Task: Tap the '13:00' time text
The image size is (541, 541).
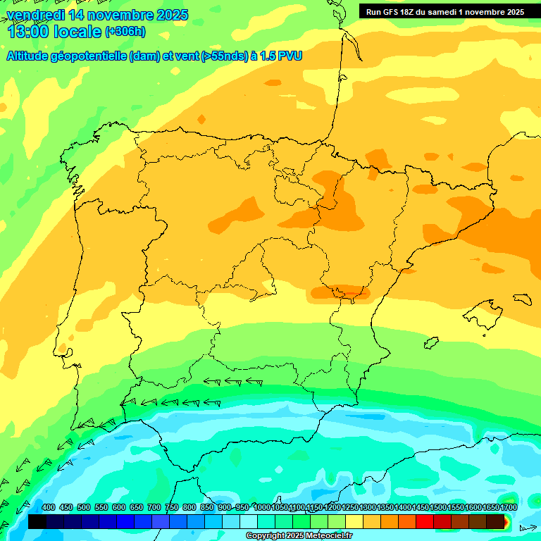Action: pos(29,32)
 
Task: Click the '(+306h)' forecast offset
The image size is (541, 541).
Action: pos(125,32)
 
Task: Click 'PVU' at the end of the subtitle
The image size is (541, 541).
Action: pos(290,56)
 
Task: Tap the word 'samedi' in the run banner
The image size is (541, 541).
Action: pos(456,12)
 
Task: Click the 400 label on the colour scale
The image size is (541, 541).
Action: pos(49,508)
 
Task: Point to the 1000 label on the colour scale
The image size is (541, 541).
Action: pos(261,508)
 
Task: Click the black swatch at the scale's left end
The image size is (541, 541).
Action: pos(37,522)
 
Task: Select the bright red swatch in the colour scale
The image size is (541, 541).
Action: pos(425,522)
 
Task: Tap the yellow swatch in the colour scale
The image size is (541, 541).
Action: pos(354,522)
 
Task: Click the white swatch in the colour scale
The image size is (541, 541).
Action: pos(248,522)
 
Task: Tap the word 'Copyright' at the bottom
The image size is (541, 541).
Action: pos(266,536)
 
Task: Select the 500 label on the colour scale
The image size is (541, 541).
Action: pos(84,508)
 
